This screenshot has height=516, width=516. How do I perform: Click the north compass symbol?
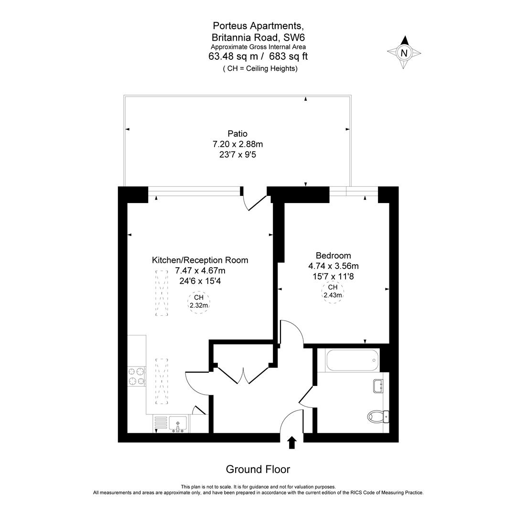[404, 53]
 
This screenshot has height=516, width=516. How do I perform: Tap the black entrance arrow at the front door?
[292, 442]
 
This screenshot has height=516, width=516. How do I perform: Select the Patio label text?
[237, 134]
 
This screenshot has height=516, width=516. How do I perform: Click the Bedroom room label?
[333, 256]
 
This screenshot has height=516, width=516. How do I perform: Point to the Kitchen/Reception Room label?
[200, 260]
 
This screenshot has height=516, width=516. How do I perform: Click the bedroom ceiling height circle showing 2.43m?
[333, 291]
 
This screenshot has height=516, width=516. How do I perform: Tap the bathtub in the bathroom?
[353, 360]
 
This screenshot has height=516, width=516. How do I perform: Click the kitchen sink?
[178, 424]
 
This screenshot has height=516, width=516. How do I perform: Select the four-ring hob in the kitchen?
[136, 376]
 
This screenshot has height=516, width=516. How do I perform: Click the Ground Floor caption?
[258, 469]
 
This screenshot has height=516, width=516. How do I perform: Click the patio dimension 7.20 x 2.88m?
[237, 144]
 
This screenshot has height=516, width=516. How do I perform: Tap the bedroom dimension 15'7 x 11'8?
[333, 276]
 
